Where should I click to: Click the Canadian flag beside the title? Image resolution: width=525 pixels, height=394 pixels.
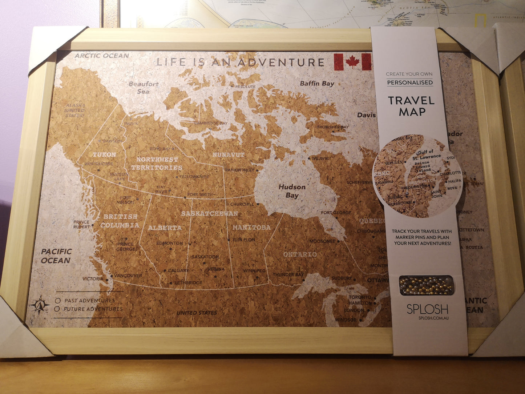352,62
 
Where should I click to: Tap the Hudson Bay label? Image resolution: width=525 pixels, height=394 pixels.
292,191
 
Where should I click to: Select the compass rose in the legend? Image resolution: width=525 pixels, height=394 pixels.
40,305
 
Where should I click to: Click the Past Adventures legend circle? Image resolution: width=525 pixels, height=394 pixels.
57,301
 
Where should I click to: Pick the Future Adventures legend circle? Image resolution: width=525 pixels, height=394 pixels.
57,309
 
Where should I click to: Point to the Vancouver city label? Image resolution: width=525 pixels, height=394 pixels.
128,276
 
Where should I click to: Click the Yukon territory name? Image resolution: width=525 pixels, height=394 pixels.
104,154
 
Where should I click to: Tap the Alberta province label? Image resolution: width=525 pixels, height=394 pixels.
165,228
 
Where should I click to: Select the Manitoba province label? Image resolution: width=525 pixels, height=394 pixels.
251,228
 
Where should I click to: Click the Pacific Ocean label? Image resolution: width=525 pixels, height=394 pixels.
56,256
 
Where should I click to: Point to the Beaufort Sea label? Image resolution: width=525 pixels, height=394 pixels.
144,88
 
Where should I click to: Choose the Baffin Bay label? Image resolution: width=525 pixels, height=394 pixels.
317,83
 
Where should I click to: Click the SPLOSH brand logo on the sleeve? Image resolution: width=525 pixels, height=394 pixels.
427,309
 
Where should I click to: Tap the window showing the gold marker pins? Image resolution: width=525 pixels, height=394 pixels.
426,285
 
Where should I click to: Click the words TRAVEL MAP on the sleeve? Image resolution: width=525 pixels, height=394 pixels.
411,106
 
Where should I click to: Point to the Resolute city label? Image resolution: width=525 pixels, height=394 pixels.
245,87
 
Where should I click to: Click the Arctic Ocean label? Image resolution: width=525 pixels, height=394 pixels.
102,56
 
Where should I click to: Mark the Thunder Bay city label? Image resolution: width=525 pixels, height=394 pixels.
288,275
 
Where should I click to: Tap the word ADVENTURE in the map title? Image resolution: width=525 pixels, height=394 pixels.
281,63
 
